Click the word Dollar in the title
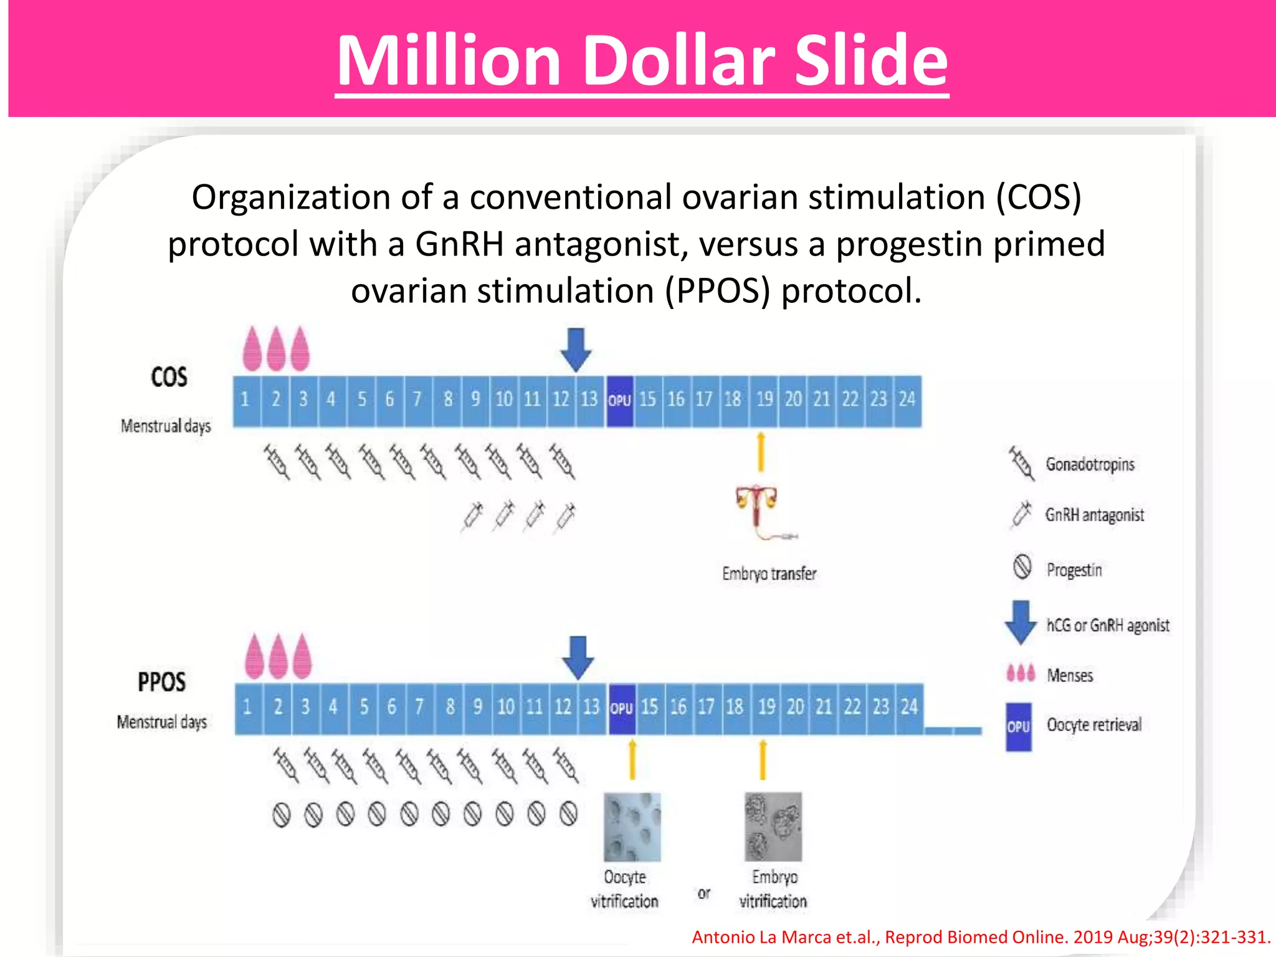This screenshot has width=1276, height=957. (x=679, y=60)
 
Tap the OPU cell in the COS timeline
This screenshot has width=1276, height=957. (x=619, y=400)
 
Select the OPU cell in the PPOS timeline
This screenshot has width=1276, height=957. (x=621, y=708)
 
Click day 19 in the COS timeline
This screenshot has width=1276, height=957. (x=764, y=399)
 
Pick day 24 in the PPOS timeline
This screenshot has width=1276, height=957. (x=909, y=707)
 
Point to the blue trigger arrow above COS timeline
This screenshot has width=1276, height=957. (x=576, y=350)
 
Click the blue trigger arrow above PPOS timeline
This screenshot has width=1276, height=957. (x=578, y=657)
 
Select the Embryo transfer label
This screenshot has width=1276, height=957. (x=769, y=573)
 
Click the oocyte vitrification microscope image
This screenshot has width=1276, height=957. (x=632, y=827)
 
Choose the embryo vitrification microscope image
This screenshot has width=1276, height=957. (x=773, y=827)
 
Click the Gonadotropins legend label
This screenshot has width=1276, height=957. (x=1090, y=465)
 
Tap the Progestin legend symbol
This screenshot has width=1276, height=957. (x=1022, y=567)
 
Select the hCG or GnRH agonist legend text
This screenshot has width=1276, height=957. (x=1107, y=625)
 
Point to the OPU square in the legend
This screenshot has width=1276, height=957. (x=1019, y=726)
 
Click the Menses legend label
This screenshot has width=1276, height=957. (x=1070, y=675)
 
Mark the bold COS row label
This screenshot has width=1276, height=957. (x=169, y=377)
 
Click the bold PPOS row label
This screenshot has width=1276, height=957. (x=161, y=682)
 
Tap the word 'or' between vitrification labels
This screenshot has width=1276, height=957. (x=704, y=893)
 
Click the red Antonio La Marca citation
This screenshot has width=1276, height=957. (x=981, y=937)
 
